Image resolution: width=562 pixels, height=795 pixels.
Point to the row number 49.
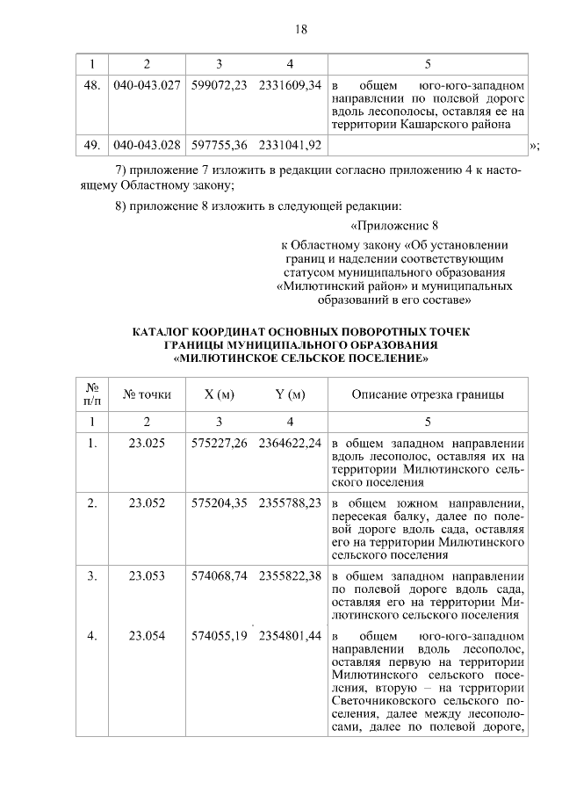(92, 145)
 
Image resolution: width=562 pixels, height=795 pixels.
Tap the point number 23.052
(147, 502)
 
